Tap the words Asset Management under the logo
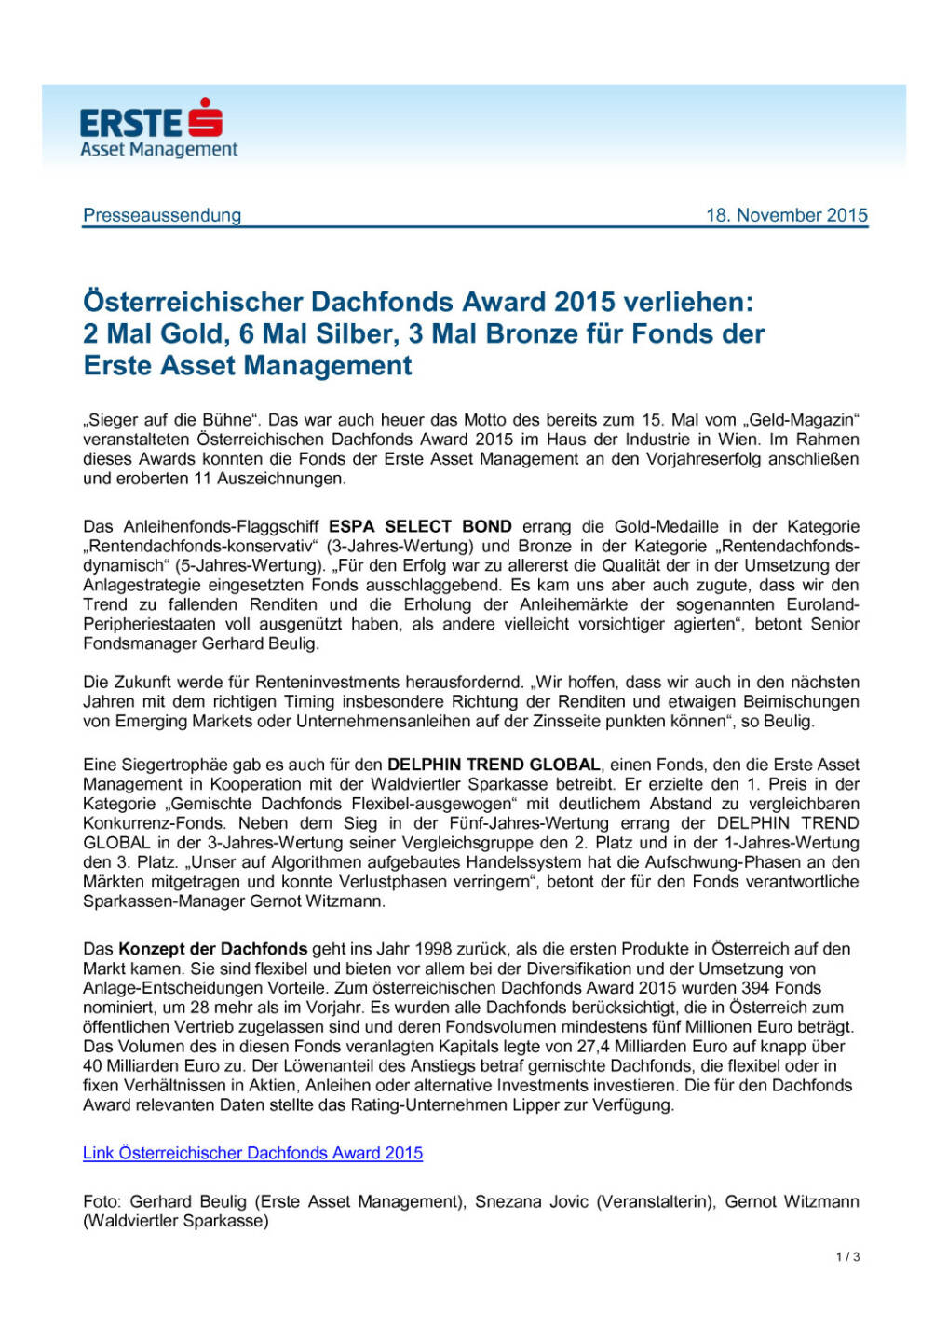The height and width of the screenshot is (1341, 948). (158, 149)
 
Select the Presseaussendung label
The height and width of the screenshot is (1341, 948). (162, 215)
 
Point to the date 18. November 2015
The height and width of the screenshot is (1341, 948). (786, 215)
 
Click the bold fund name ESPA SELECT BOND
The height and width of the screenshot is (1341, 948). (420, 527)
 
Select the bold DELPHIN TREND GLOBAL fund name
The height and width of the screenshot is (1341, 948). (494, 765)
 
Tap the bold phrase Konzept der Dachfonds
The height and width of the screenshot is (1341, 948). (213, 949)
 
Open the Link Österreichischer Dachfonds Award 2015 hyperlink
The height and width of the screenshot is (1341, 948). (252, 1153)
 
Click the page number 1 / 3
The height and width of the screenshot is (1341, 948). (847, 1257)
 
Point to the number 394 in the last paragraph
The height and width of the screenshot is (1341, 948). (755, 988)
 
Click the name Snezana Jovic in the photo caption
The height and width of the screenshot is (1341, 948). (531, 1201)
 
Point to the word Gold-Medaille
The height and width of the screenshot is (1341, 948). (638, 527)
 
